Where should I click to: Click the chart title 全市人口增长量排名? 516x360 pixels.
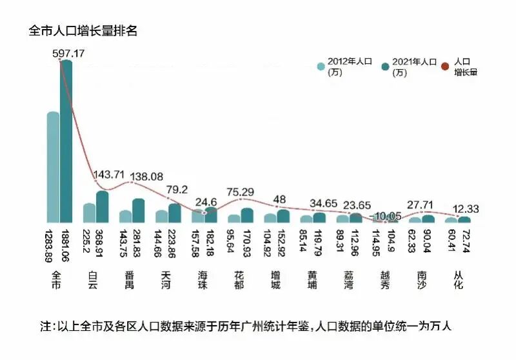pyautogui.click(x=83, y=31)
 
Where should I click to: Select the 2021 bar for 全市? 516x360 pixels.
pyautogui.click(x=66, y=142)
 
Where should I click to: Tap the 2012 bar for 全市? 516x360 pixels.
pyautogui.click(x=53, y=168)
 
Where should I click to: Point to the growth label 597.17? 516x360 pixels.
pyautogui.click(x=68, y=54)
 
